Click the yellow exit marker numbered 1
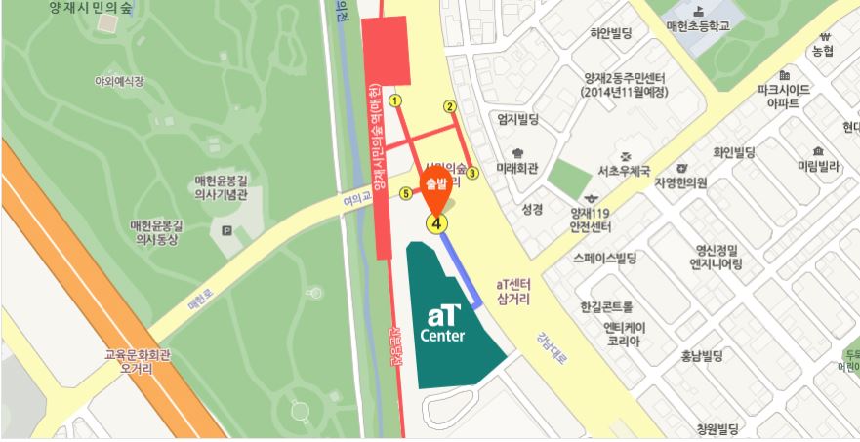pyautogui.click(x=394, y=100)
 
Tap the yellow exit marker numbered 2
pyautogui.click(x=450, y=106)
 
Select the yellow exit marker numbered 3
pyautogui.click(x=472, y=174)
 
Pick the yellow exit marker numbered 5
pyautogui.click(x=406, y=192)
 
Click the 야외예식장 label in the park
pyautogui.click(x=118, y=82)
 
